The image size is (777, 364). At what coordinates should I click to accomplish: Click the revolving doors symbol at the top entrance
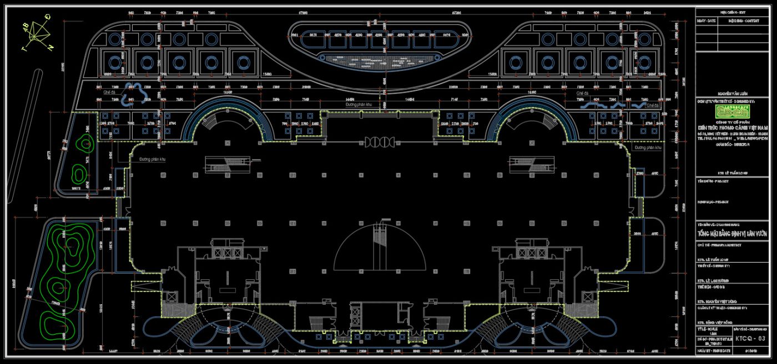(380, 142)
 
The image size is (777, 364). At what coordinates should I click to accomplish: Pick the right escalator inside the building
(531, 162)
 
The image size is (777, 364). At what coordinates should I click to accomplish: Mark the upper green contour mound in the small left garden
(86, 145)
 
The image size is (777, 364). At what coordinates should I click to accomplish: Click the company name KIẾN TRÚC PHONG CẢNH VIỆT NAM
(732, 128)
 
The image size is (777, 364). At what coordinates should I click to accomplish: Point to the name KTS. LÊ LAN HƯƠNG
(716, 282)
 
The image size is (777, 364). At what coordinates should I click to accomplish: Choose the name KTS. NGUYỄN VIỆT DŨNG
(719, 301)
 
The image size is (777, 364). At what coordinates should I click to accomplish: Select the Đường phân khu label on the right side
(648, 148)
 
